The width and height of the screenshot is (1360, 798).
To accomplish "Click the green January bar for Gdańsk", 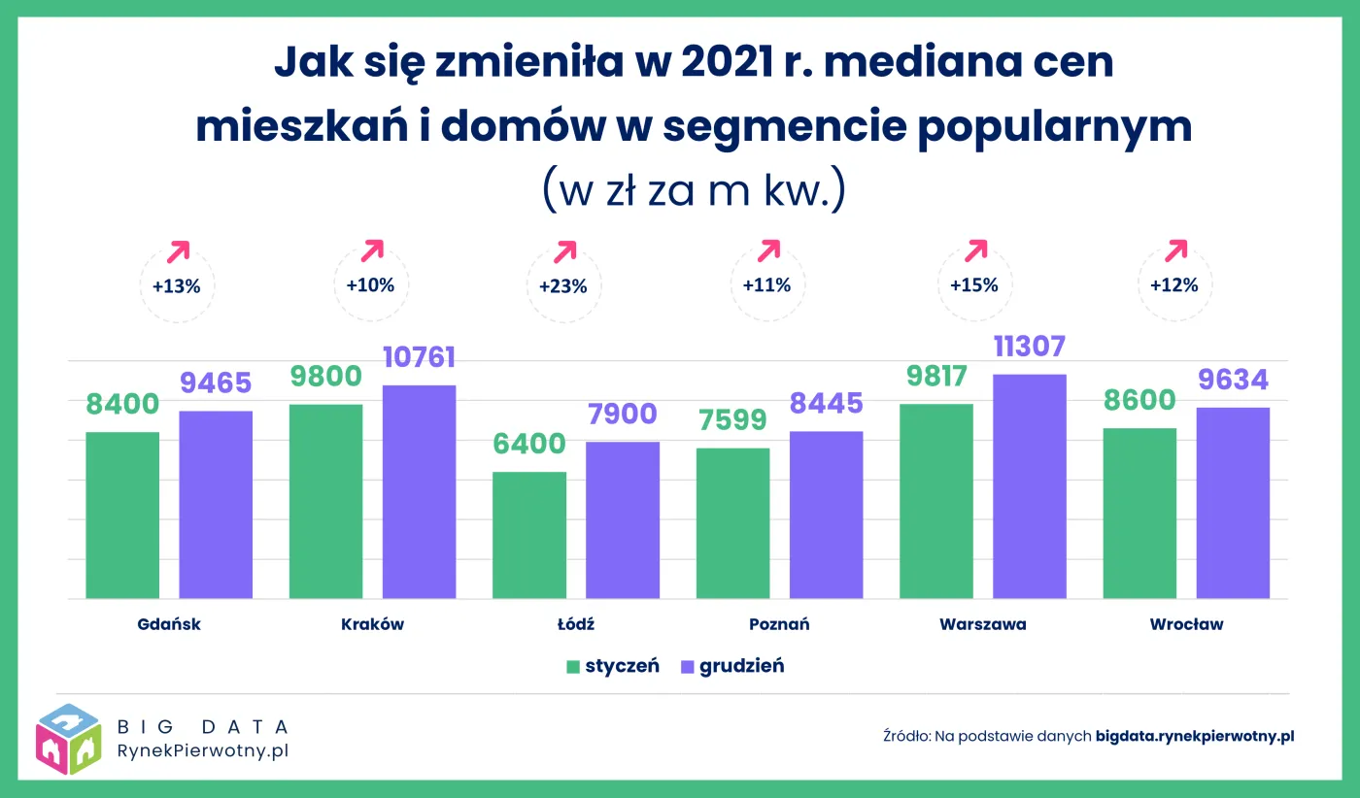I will pyautogui.click(x=122, y=515).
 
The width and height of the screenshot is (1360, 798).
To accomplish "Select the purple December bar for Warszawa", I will pyautogui.click(x=1030, y=485).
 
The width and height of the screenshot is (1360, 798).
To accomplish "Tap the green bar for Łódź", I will pyautogui.click(x=529, y=535).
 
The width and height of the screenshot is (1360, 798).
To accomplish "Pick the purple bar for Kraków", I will pyautogui.click(x=419, y=491).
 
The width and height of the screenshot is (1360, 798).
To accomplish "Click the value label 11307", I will pyautogui.click(x=1030, y=347).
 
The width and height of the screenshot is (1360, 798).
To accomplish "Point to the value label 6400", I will pyautogui.click(x=529, y=445).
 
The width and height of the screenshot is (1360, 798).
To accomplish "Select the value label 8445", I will pyautogui.click(x=827, y=403).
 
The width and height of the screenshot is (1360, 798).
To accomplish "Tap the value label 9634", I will pyautogui.click(x=1233, y=380).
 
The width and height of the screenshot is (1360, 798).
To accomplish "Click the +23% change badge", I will pyautogui.click(x=563, y=286).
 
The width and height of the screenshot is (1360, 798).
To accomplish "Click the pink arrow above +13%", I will pyautogui.click(x=179, y=251).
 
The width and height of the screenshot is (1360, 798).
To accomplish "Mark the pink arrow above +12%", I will pyautogui.click(x=1176, y=250).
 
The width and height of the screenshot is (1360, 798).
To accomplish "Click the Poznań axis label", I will pyautogui.click(x=779, y=624).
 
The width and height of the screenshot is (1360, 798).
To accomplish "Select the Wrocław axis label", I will pyautogui.click(x=1186, y=624).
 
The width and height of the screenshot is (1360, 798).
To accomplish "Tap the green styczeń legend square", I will pyautogui.click(x=573, y=667).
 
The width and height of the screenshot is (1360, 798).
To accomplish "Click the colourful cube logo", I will pyautogui.click(x=68, y=738).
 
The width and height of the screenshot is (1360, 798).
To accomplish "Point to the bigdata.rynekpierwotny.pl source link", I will pyautogui.click(x=1195, y=736).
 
